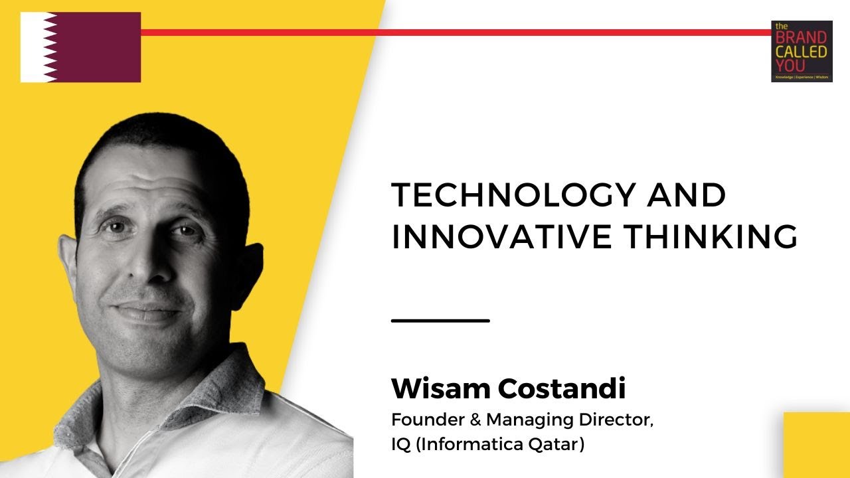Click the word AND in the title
point(690,196)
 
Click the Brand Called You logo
point(802,51)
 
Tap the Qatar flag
point(80,47)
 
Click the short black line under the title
point(440,321)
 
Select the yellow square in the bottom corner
point(817,445)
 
